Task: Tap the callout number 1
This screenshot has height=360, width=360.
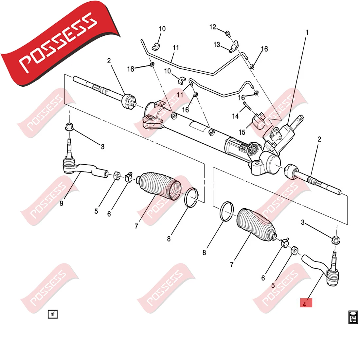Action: point(307,33)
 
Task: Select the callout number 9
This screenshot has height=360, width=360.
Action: point(61,204)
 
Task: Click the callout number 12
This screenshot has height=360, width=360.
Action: point(213,27)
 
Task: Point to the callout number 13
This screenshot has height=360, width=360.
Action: point(217,45)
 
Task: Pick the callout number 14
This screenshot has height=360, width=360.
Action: point(236,116)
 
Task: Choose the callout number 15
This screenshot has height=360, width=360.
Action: point(242,132)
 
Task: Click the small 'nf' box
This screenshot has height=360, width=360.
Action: point(52,314)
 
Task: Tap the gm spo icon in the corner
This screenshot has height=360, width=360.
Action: point(352,316)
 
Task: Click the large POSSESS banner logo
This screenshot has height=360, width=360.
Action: point(52,46)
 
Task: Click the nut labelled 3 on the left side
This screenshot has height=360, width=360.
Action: point(69,126)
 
